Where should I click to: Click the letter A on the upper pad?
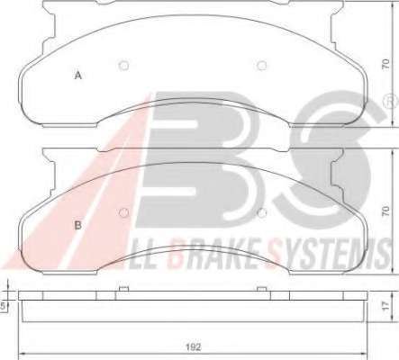click(78, 75)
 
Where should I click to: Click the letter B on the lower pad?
click(77, 225)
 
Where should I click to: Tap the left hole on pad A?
click(124, 66)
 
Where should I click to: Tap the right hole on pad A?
click(262, 66)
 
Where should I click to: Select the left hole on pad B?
click(123, 212)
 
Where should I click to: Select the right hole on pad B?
click(262, 212)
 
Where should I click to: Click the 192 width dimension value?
click(193, 347)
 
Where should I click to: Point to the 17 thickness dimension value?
click(385, 306)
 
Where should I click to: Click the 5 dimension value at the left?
click(3, 306)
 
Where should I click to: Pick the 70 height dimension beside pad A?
click(385, 65)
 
